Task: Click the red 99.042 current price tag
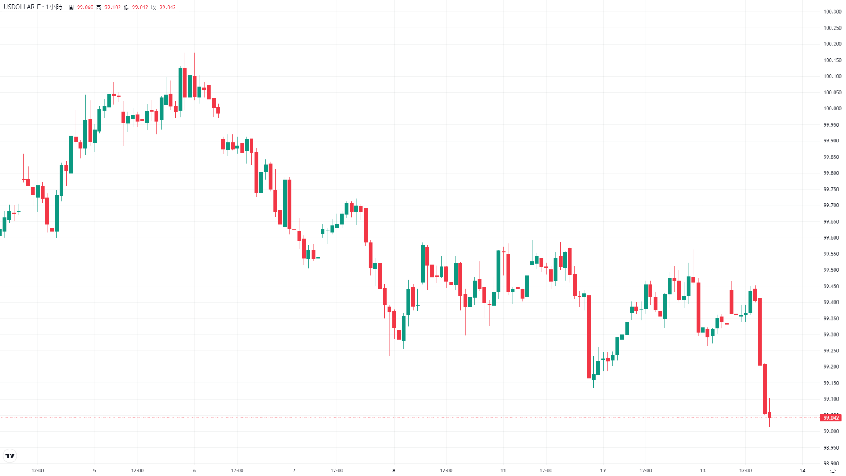tap(831, 418)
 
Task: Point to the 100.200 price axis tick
tap(832, 44)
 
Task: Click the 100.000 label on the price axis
tap(832, 109)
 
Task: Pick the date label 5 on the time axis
tap(94, 471)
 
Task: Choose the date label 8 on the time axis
tap(394, 471)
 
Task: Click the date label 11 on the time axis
tap(503, 471)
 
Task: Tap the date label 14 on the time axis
tap(802, 471)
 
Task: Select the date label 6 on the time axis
tap(194, 471)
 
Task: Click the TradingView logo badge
tap(10, 456)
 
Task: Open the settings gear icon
tap(833, 471)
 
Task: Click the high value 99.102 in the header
tap(112, 7)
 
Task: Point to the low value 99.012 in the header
tap(140, 7)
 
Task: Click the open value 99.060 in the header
tap(85, 7)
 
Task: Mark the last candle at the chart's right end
tap(769, 415)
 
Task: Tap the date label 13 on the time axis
tap(703, 471)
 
